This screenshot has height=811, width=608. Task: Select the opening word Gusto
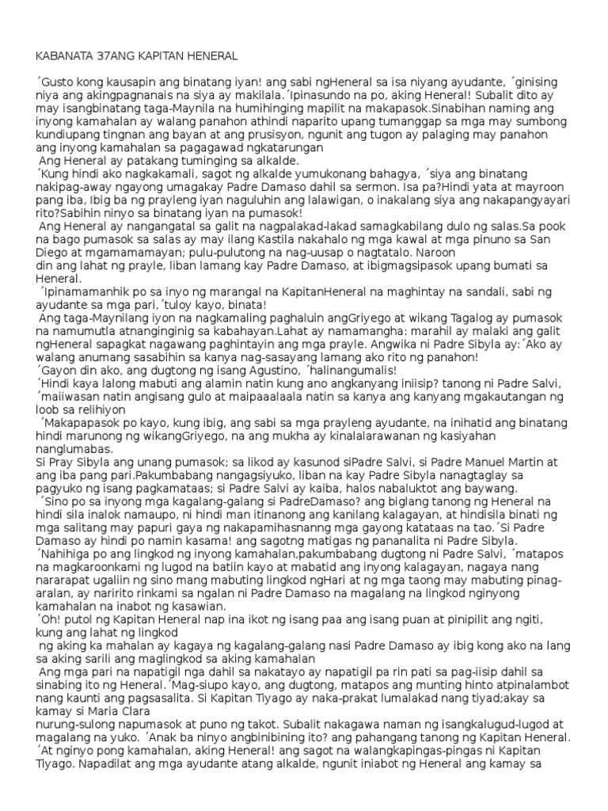pyautogui.click(x=56, y=82)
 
